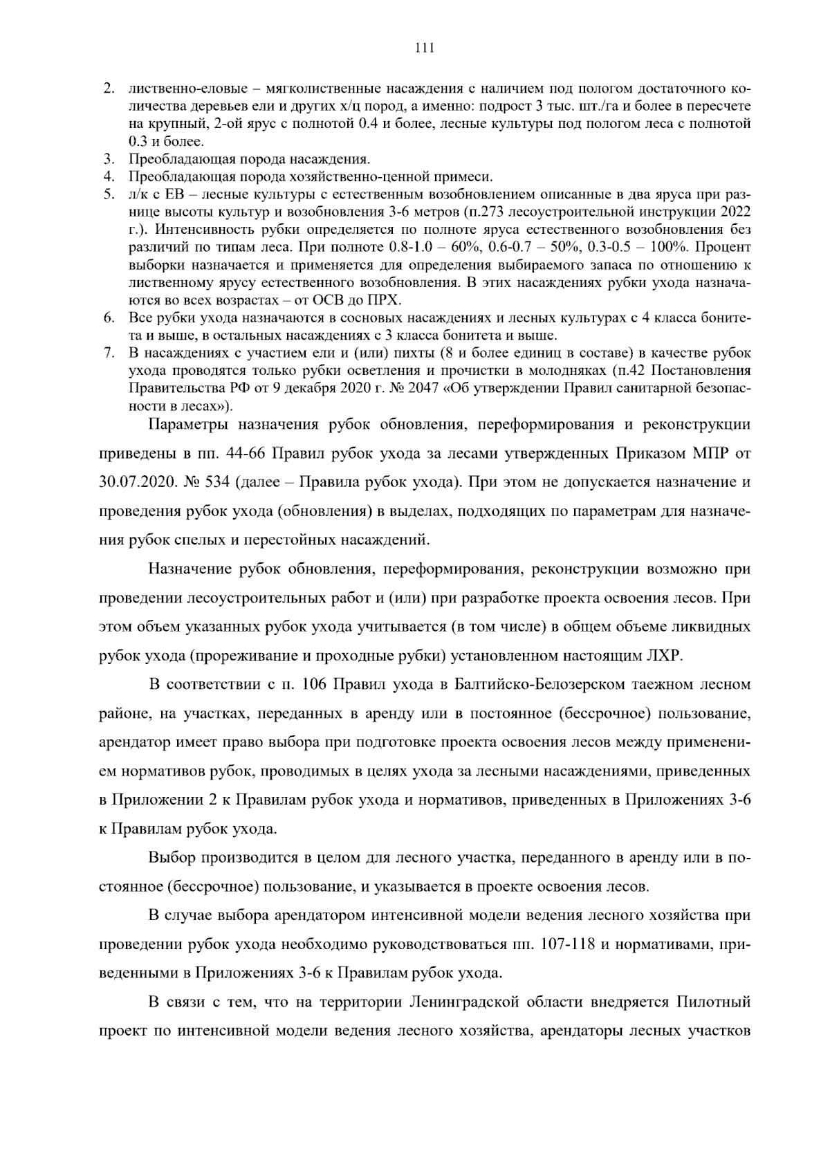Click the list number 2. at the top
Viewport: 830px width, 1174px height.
tap(109, 89)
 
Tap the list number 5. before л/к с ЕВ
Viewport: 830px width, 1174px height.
tap(109, 194)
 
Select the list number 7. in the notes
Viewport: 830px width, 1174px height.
tap(109, 354)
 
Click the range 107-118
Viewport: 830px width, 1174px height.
tap(562, 944)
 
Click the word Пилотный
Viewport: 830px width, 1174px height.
tap(713, 1002)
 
